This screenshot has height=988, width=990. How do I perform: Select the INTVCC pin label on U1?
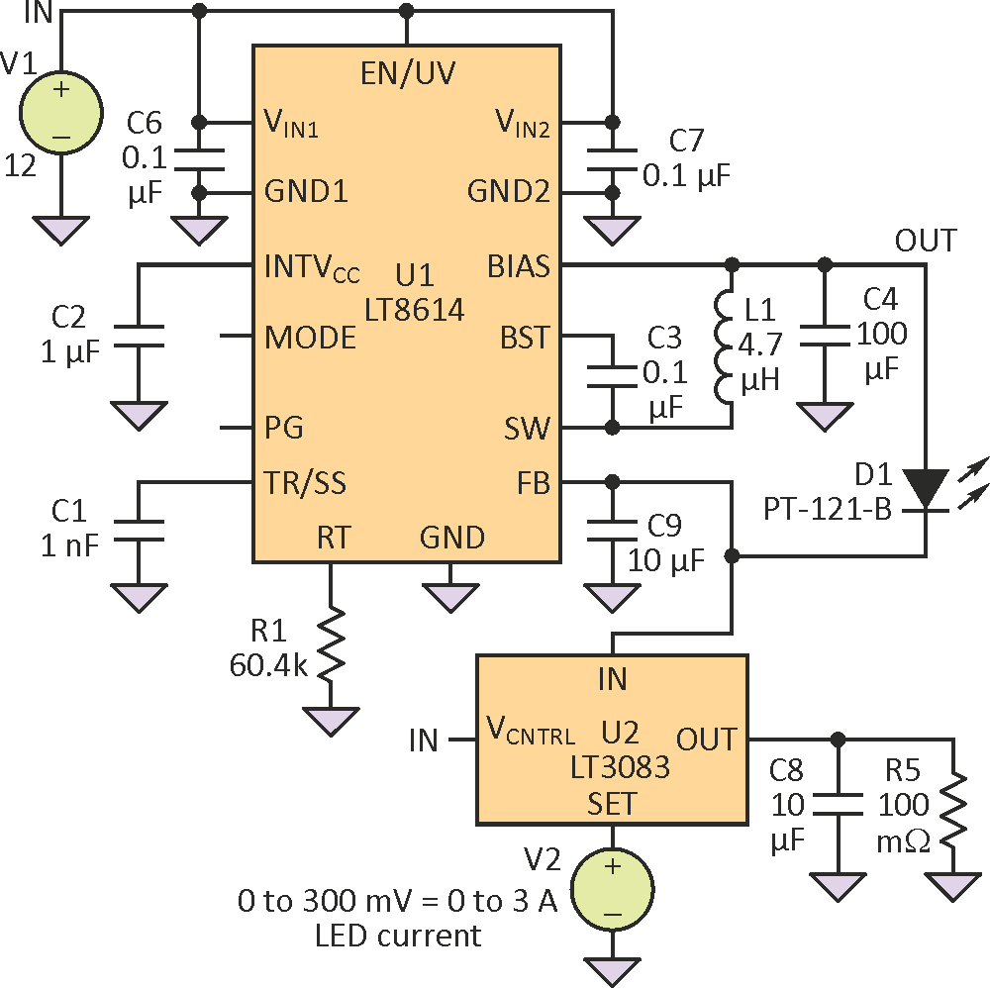(312, 267)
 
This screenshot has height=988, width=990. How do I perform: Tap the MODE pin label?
(310, 337)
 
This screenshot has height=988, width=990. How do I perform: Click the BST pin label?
(525, 337)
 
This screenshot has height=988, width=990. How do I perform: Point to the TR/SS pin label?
(306, 483)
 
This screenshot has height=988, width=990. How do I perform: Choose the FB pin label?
(533, 483)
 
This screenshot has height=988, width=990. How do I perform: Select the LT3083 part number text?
(613, 768)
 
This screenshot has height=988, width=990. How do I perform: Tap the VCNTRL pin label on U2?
(531, 734)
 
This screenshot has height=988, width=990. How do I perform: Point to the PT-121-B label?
(828, 510)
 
